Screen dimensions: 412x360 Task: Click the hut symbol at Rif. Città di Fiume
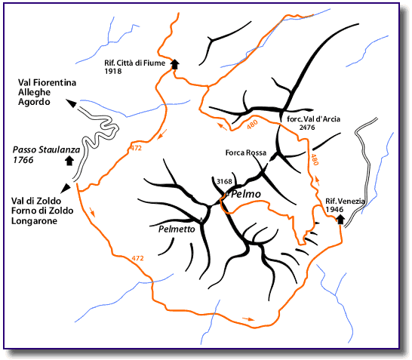pyautogui.click(x=175, y=64)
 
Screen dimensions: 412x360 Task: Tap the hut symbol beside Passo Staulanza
pyautogui.click(x=69, y=161)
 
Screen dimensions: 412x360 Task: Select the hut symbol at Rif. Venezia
pyautogui.click(x=340, y=220)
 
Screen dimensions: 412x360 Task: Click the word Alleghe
pyautogui.click(x=34, y=92)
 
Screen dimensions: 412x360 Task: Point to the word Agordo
pyautogui.click(x=34, y=102)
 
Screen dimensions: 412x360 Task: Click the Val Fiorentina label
pyautogui.click(x=47, y=82)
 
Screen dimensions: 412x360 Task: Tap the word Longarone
pyautogui.click(x=34, y=220)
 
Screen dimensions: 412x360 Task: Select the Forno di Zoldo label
pyautogui.click(x=42, y=211)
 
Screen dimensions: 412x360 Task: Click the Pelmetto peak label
pyautogui.click(x=177, y=229)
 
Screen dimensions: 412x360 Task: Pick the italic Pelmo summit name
pyautogui.click(x=246, y=194)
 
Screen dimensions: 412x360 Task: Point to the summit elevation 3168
pyautogui.click(x=224, y=182)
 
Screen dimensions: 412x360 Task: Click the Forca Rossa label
pyautogui.click(x=246, y=152)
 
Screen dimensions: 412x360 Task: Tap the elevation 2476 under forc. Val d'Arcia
pyautogui.click(x=307, y=128)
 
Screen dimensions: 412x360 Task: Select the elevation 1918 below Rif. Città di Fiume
pyautogui.click(x=113, y=71)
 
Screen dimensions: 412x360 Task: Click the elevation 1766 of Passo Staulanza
pyautogui.click(x=23, y=160)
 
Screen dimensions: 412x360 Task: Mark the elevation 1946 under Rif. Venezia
pyautogui.click(x=334, y=209)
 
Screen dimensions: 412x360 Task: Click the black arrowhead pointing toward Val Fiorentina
pyautogui.click(x=71, y=103)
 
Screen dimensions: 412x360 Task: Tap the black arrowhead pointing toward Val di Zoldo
pyautogui.click(x=66, y=188)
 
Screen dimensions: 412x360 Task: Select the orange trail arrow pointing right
pyautogui.click(x=248, y=319)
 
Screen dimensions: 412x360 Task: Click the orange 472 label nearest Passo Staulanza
pyautogui.click(x=136, y=148)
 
